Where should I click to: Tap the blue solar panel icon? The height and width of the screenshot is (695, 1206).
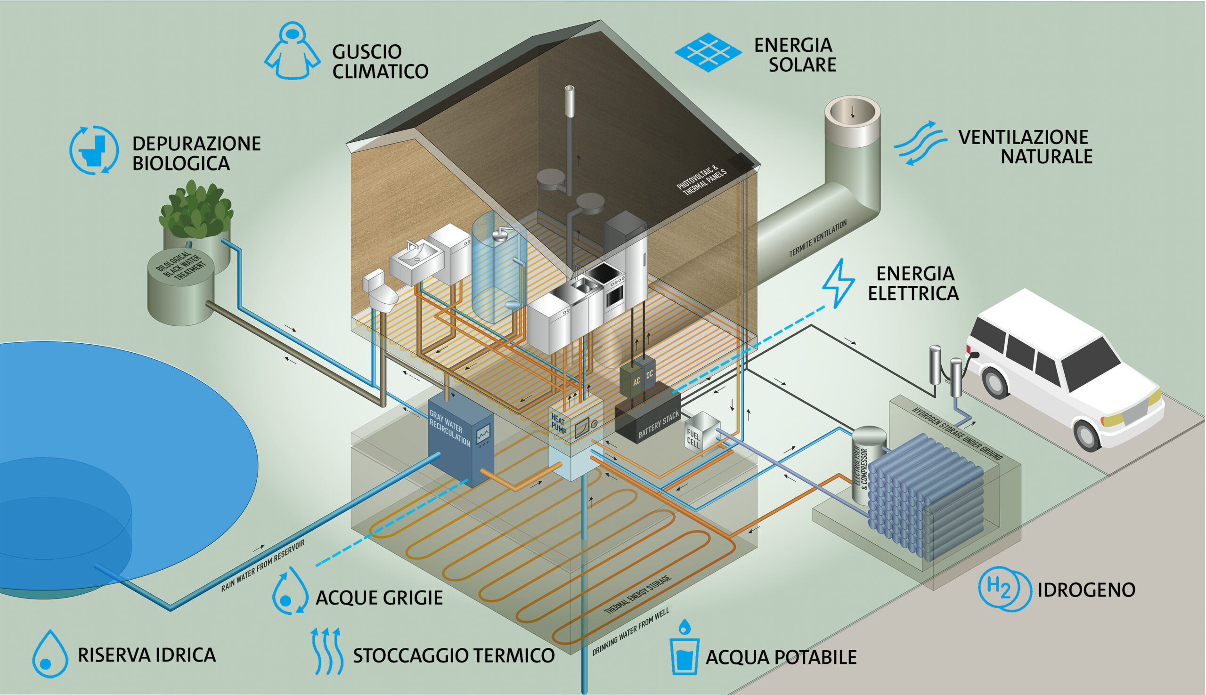(708, 53)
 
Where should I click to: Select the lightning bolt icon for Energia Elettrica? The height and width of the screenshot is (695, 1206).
(838, 283)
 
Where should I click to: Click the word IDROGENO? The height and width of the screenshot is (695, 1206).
(1086, 590)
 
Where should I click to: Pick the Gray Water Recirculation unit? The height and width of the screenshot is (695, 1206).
(458, 439)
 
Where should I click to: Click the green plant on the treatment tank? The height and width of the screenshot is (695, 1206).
(196, 210)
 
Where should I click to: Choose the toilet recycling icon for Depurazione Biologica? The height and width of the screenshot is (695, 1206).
(94, 150)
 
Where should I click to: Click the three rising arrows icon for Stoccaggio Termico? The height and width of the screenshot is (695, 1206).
(326, 651)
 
